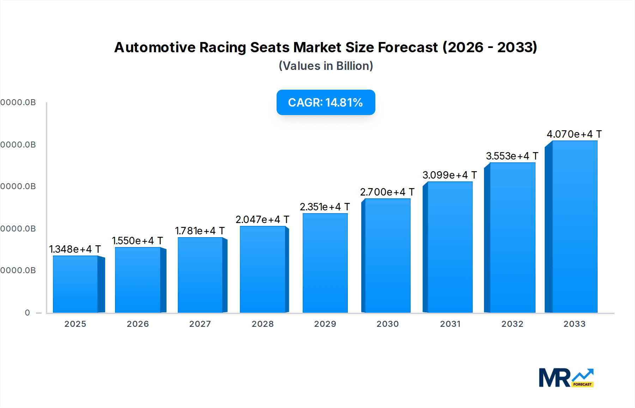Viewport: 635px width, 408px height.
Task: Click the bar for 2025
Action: point(75,284)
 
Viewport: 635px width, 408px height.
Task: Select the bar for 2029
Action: point(325,263)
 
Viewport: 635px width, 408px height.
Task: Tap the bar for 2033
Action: point(575,227)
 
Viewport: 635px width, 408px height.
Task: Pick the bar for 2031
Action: point(450,247)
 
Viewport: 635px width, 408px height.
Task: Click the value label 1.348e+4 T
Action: point(75,249)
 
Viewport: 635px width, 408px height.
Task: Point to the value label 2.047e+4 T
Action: point(262,220)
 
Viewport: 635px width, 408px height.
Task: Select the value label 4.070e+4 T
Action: point(574,134)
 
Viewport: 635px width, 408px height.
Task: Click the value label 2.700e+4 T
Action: point(387,192)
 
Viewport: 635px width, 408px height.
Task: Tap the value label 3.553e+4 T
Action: point(512,156)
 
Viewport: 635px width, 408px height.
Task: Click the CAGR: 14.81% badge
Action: point(326,102)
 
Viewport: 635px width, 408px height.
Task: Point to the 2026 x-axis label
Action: point(138,324)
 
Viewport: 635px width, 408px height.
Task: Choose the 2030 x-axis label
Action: point(387,324)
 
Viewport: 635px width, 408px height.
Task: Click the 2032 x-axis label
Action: point(512,324)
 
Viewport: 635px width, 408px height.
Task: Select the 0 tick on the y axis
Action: point(28,313)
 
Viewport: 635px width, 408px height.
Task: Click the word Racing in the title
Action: point(223,47)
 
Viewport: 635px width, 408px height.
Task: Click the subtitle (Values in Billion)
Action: point(326,66)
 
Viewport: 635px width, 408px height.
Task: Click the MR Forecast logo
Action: point(566,378)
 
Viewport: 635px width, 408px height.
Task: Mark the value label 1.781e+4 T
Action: point(200,231)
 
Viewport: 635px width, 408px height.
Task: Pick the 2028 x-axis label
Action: point(262,324)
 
